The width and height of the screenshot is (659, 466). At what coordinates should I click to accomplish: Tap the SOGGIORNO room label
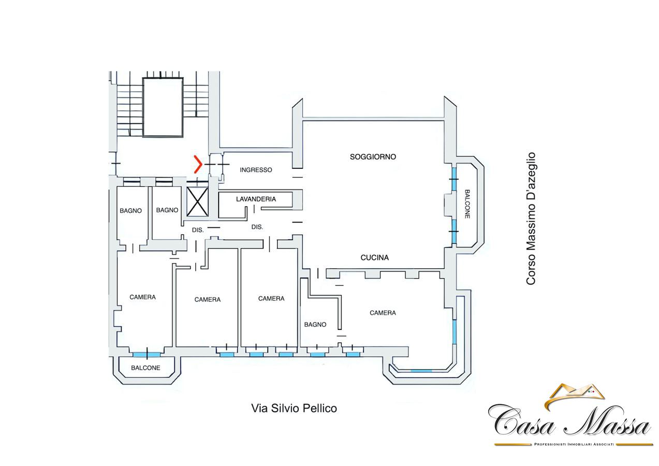tap(373, 157)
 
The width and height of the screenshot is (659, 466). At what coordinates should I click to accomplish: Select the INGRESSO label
tap(256, 170)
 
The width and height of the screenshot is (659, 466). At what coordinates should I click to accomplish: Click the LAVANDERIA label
tap(256, 199)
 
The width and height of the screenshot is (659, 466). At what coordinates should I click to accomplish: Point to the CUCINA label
tap(374, 258)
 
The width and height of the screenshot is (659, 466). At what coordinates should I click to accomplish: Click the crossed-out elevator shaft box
tap(197, 201)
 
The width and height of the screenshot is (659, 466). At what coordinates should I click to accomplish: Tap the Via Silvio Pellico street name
tap(294, 409)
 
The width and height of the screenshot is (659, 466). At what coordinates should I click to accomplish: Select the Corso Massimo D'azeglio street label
tap(531, 219)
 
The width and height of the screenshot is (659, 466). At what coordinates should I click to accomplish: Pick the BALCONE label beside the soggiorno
tap(467, 204)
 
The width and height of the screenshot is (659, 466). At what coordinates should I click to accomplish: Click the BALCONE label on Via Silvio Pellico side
tap(145, 368)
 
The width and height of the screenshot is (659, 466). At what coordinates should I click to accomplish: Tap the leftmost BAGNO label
tap(130, 211)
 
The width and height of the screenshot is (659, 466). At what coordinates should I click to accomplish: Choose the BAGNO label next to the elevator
tap(167, 210)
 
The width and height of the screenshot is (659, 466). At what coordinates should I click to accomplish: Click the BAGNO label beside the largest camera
tap(315, 325)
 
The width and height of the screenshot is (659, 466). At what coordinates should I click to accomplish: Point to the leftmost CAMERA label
tap(143, 297)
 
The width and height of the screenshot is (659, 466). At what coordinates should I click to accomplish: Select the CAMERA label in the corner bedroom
tap(383, 313)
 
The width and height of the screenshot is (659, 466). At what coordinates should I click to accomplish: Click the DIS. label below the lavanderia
tap(257, 227)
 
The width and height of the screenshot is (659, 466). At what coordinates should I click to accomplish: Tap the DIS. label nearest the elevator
tap(198, 230)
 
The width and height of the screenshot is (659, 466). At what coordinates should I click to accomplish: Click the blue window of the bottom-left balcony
tap(146, 355)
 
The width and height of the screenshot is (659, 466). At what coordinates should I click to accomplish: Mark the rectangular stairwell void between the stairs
tap(163, 107)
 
